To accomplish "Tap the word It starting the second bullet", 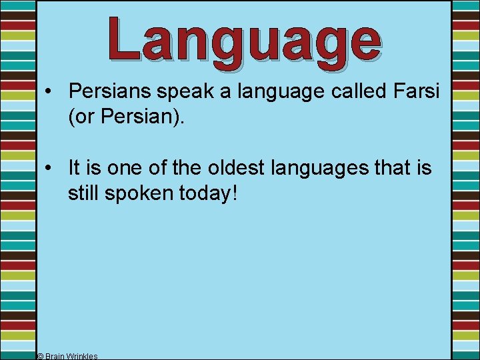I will tap(74, 167).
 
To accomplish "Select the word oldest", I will tap(233, 167).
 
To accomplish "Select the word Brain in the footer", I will tap(57, 356).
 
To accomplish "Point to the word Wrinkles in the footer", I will tap(83, 356).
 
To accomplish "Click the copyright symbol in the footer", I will tap(40, 356).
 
